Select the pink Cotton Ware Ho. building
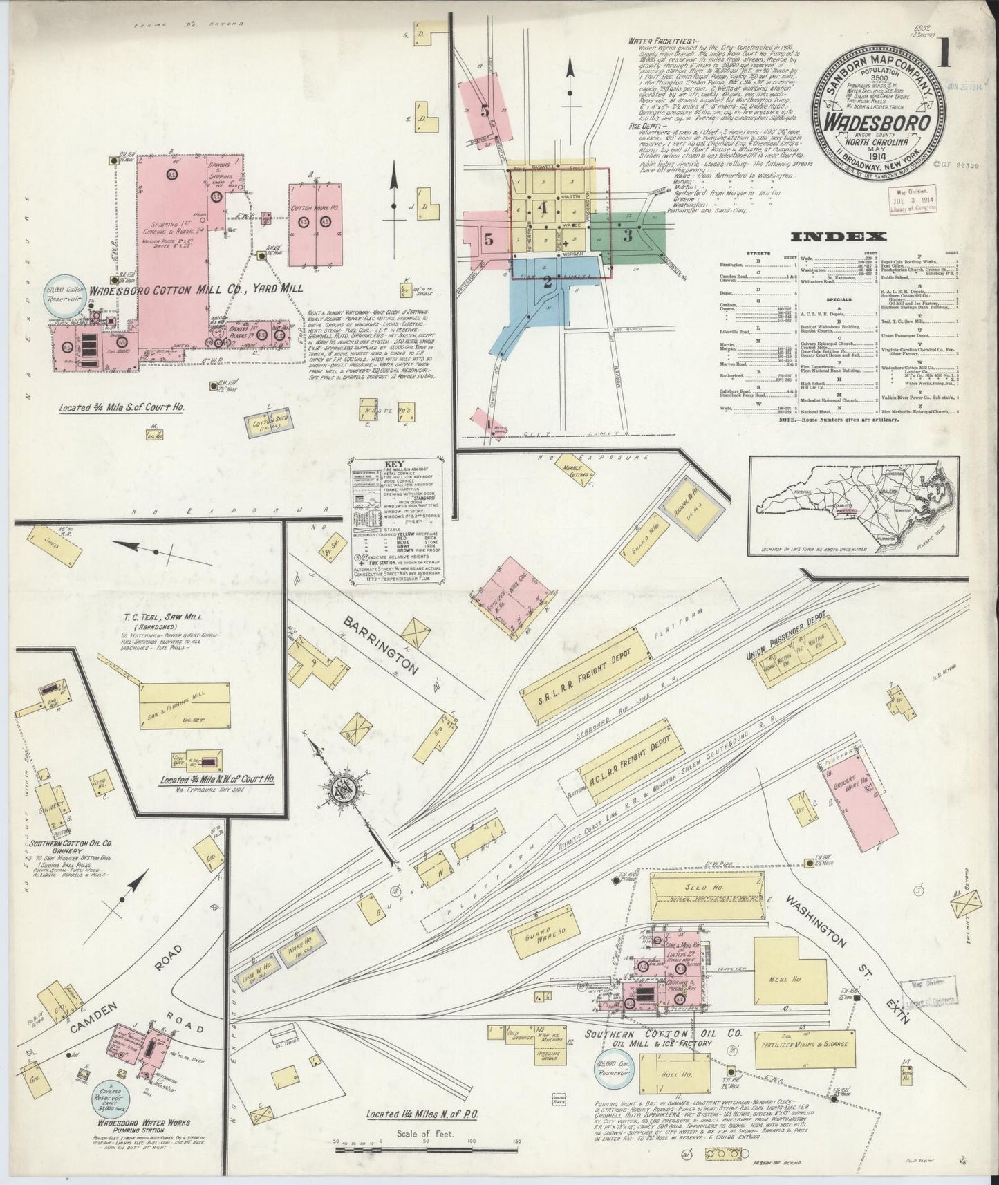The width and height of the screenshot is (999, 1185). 315,223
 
